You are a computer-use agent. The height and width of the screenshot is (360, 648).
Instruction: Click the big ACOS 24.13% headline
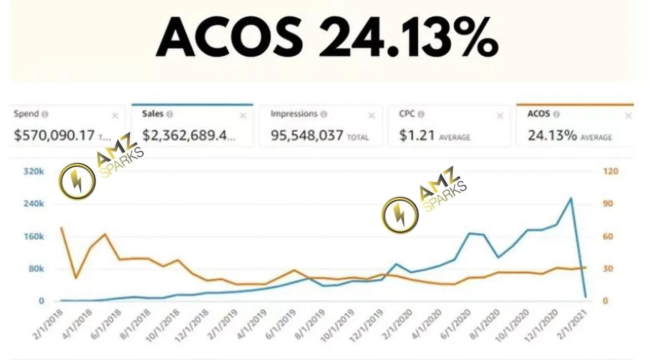coord(327,37)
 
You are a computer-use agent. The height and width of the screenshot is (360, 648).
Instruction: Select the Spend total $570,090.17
coord(54,135)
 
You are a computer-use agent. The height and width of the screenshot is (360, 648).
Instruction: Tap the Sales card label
coord(152,114)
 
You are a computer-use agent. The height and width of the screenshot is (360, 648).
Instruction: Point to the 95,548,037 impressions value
coord(307,135)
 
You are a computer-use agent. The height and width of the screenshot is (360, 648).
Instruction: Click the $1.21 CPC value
coord(417,135)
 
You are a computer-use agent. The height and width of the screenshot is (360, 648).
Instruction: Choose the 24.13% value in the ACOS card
coord(552,135)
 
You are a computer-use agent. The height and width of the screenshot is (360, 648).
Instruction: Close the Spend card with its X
coord(115,116)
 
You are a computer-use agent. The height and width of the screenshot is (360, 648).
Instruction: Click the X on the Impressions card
coord(371,116)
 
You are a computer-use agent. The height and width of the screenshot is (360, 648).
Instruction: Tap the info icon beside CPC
coord(421,114)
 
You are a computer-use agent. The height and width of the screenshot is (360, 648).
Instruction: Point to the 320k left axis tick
coord(34,171)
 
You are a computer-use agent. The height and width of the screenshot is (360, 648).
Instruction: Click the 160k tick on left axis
coord(34,236)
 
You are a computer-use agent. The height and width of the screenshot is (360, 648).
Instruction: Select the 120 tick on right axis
coord(610,171)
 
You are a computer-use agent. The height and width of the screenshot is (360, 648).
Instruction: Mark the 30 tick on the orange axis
coord(608,269)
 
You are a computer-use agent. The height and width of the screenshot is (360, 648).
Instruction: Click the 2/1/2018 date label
coord(48,325)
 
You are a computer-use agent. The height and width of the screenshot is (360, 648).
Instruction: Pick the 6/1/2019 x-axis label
coord(281,325)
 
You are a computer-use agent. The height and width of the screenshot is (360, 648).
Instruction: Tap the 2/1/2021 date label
coord(572,325)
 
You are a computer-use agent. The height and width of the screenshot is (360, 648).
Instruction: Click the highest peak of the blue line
coord(571,198)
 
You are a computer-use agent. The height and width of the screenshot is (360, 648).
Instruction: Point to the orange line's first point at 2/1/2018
coord(61,227)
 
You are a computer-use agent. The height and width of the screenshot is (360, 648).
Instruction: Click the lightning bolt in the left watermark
coord(77,181)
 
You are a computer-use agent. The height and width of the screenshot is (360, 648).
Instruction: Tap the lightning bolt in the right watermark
coord(400,215)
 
